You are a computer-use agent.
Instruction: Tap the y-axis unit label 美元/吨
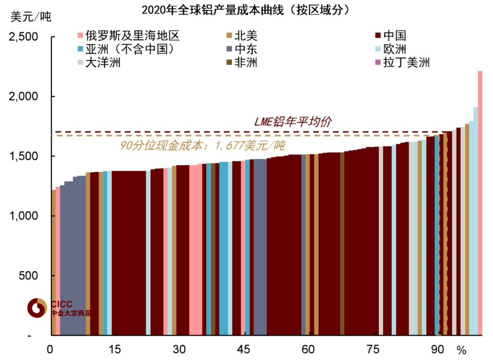point(31,17)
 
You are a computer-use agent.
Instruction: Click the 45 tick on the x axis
point(244,350)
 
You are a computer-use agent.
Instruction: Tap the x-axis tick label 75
point(373,350)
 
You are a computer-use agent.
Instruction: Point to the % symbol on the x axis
point(462,350)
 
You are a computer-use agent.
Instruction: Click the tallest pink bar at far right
point(480,201)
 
